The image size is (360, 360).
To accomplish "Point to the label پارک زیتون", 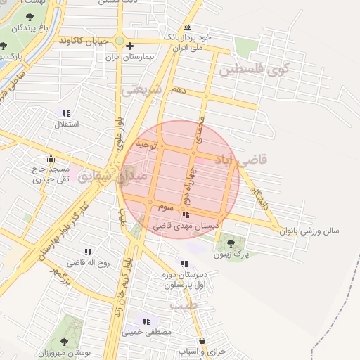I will (x=231, y=253).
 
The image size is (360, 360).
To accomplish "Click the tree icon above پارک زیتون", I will (x=231, y=243).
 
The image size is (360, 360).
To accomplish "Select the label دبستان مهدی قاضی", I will (x=186, y=226).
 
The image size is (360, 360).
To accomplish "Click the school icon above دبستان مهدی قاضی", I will (x=186, y=215).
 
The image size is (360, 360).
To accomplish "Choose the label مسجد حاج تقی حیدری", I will (x=50, y=174).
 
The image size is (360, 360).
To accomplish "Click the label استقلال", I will (x=67, y=124).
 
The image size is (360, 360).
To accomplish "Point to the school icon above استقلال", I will (x=67, y=113).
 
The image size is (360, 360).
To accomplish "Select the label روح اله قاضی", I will (x=88, y=262).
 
